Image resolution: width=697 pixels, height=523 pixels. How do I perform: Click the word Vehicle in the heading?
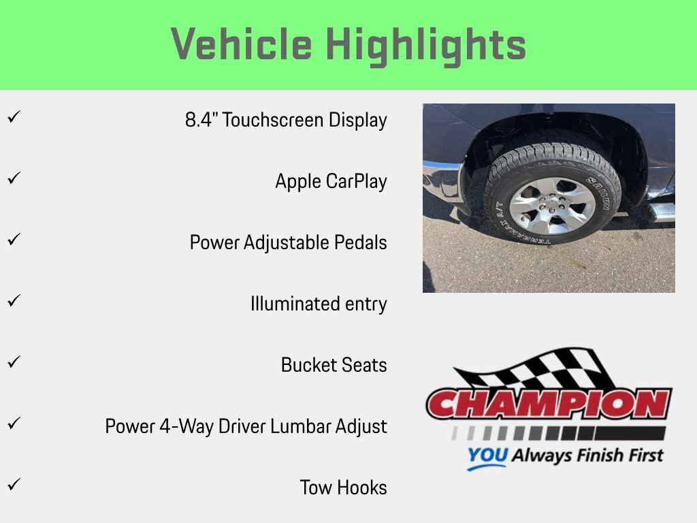click(x=242, y=45)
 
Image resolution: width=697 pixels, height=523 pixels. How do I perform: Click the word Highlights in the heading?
click(x=426, y=45)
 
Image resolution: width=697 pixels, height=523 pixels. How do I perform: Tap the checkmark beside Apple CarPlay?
click(x=12, y=178)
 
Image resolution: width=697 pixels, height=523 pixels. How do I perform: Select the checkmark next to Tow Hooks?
click(x=12, y=485)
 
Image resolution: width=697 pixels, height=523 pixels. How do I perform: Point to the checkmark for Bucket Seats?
click(x=12, y=362)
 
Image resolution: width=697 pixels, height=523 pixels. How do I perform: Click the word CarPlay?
click(x=356, y=181)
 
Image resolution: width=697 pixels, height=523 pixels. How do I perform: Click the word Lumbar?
click(x=302, y=426)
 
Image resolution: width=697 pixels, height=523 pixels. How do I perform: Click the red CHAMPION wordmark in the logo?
click(x=548, y=404)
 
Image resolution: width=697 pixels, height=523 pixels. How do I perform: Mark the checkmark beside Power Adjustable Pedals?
click(x=12, y=240)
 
